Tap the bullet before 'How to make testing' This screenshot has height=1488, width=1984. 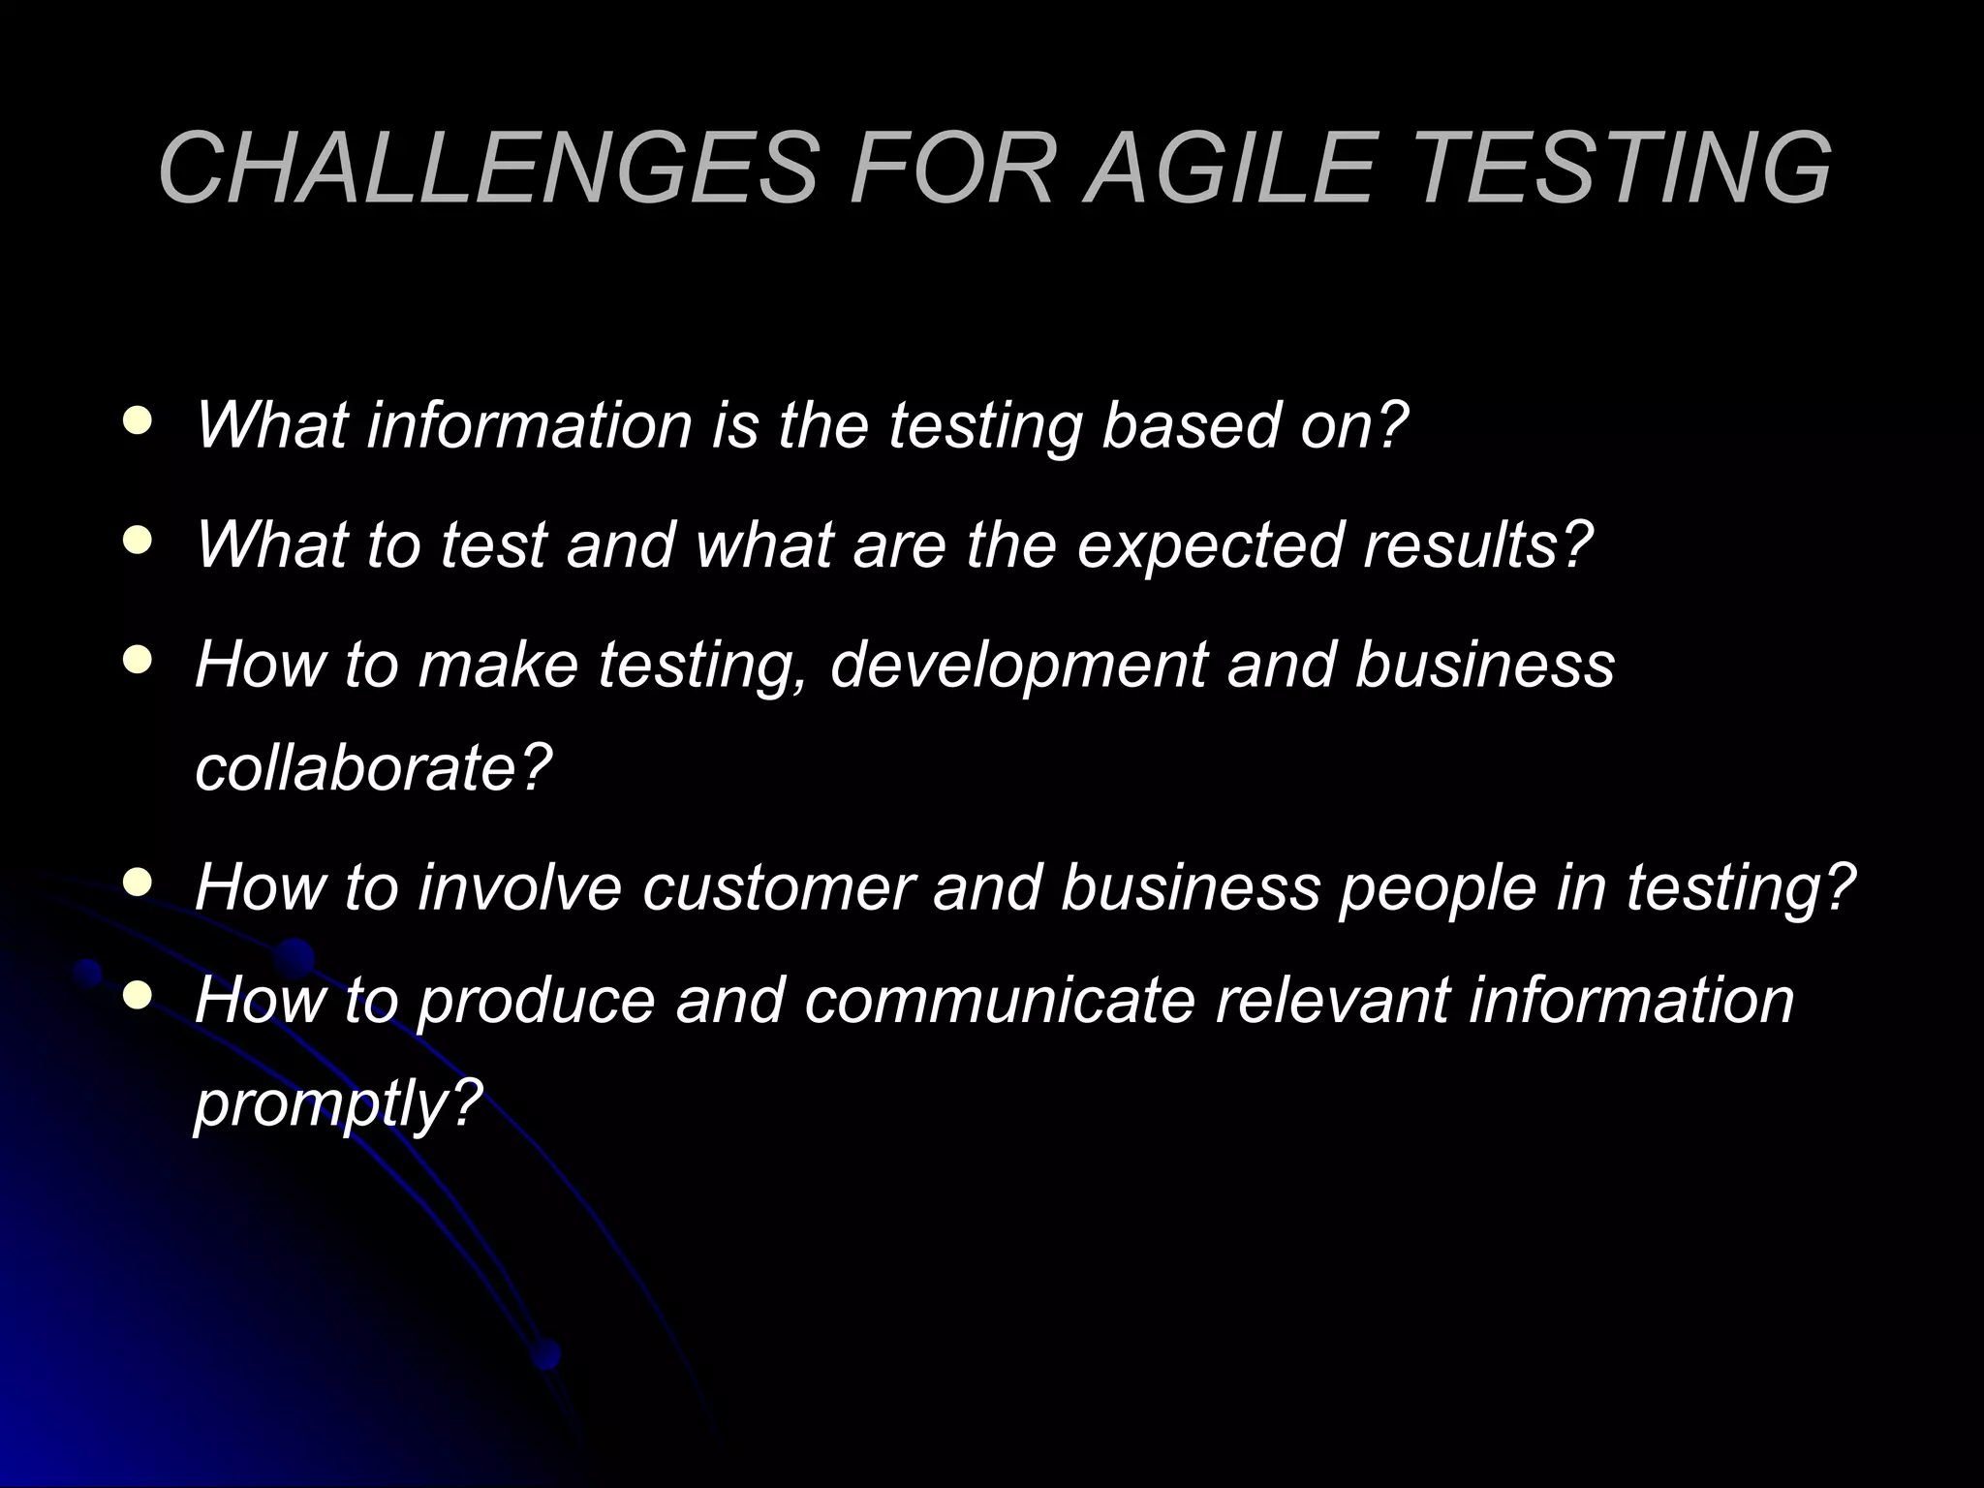coord(139,661)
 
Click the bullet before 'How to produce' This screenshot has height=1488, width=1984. coord(139,995)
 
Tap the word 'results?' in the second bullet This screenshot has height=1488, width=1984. coord(1477,544)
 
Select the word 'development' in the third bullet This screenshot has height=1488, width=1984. coord(1018,666)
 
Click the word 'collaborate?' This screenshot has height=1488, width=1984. coord(373,767)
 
